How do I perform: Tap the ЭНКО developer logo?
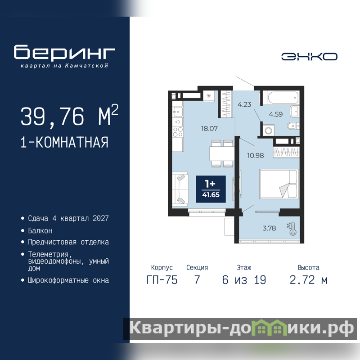(309, 57)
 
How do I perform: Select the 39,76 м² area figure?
(69, 116)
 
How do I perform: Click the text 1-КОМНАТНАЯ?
(64, 142)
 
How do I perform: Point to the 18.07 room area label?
(209, 128)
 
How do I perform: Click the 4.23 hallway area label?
(244, 104)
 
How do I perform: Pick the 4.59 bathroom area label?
(276, 114)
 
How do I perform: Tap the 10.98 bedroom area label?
(255, 155)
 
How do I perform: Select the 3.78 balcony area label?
(269, 228)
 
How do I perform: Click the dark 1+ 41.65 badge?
(211, 189)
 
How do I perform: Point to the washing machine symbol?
(268, 130)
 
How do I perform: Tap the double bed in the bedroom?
(279, 184)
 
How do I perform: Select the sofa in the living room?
(180, 189)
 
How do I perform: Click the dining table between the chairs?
(222, 153)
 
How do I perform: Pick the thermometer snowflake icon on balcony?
(291, 229)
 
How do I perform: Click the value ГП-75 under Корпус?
(162, 280)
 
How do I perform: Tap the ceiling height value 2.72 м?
(308, 280)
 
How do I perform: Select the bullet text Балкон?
(40, 230)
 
